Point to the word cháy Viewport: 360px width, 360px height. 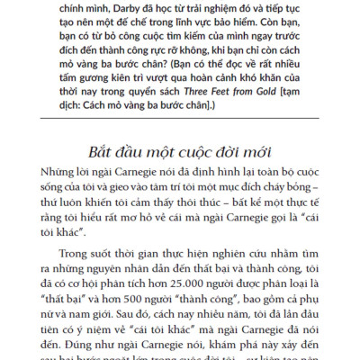[x=272, y=187]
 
